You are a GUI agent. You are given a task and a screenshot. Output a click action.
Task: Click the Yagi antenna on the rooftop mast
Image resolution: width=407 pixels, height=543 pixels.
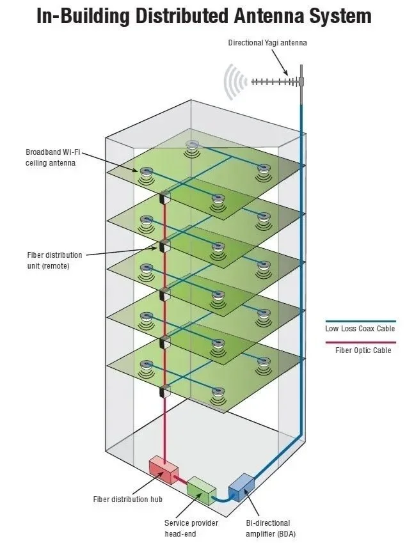(x=275, y=82)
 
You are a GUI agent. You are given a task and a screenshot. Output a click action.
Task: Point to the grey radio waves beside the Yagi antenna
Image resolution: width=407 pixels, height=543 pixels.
(x=234, y=83)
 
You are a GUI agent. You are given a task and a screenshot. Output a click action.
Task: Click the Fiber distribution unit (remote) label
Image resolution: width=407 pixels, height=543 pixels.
(x=54, y=260)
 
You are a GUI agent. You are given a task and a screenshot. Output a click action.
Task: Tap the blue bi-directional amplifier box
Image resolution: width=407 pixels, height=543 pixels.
(x=241, y=486)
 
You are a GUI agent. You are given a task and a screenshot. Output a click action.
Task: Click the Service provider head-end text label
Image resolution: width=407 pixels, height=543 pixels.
(x=191, y=528)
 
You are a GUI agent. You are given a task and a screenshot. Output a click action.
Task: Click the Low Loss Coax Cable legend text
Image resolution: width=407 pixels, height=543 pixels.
(x=360, y=329)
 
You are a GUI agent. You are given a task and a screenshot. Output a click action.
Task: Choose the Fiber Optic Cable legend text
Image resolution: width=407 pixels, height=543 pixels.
(x=363, y=350)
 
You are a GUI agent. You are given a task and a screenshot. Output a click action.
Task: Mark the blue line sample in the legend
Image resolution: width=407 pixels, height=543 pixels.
(x=360, y=321)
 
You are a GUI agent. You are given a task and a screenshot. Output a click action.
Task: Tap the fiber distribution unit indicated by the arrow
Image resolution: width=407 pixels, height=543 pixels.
(x=164, y=245)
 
